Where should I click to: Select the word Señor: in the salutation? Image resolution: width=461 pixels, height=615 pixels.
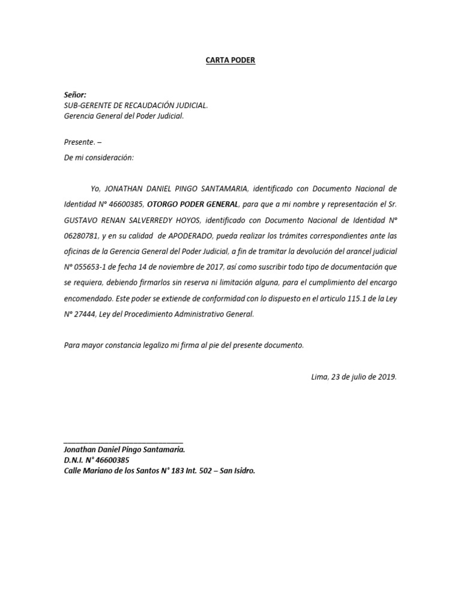(x=75, y=95)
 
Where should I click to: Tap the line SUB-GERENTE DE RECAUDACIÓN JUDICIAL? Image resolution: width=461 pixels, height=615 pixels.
(x=136, y=106)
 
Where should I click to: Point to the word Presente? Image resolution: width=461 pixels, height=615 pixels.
(x=79, y=142)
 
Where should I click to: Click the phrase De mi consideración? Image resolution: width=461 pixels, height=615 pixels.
(x=99, y=157)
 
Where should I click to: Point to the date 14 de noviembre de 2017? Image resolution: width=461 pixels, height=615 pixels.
(x=183, y=266)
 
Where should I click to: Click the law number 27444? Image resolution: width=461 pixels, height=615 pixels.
(x=87, y=314)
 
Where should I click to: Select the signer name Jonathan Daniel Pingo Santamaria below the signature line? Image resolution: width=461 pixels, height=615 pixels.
(x=124, y=450)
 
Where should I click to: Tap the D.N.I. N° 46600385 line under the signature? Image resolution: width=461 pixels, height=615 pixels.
(x=96, y=461)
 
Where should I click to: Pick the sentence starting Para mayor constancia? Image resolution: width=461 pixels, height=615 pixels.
(x=184, y=345)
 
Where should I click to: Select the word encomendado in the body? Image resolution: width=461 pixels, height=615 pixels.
(x=88, y=298)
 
